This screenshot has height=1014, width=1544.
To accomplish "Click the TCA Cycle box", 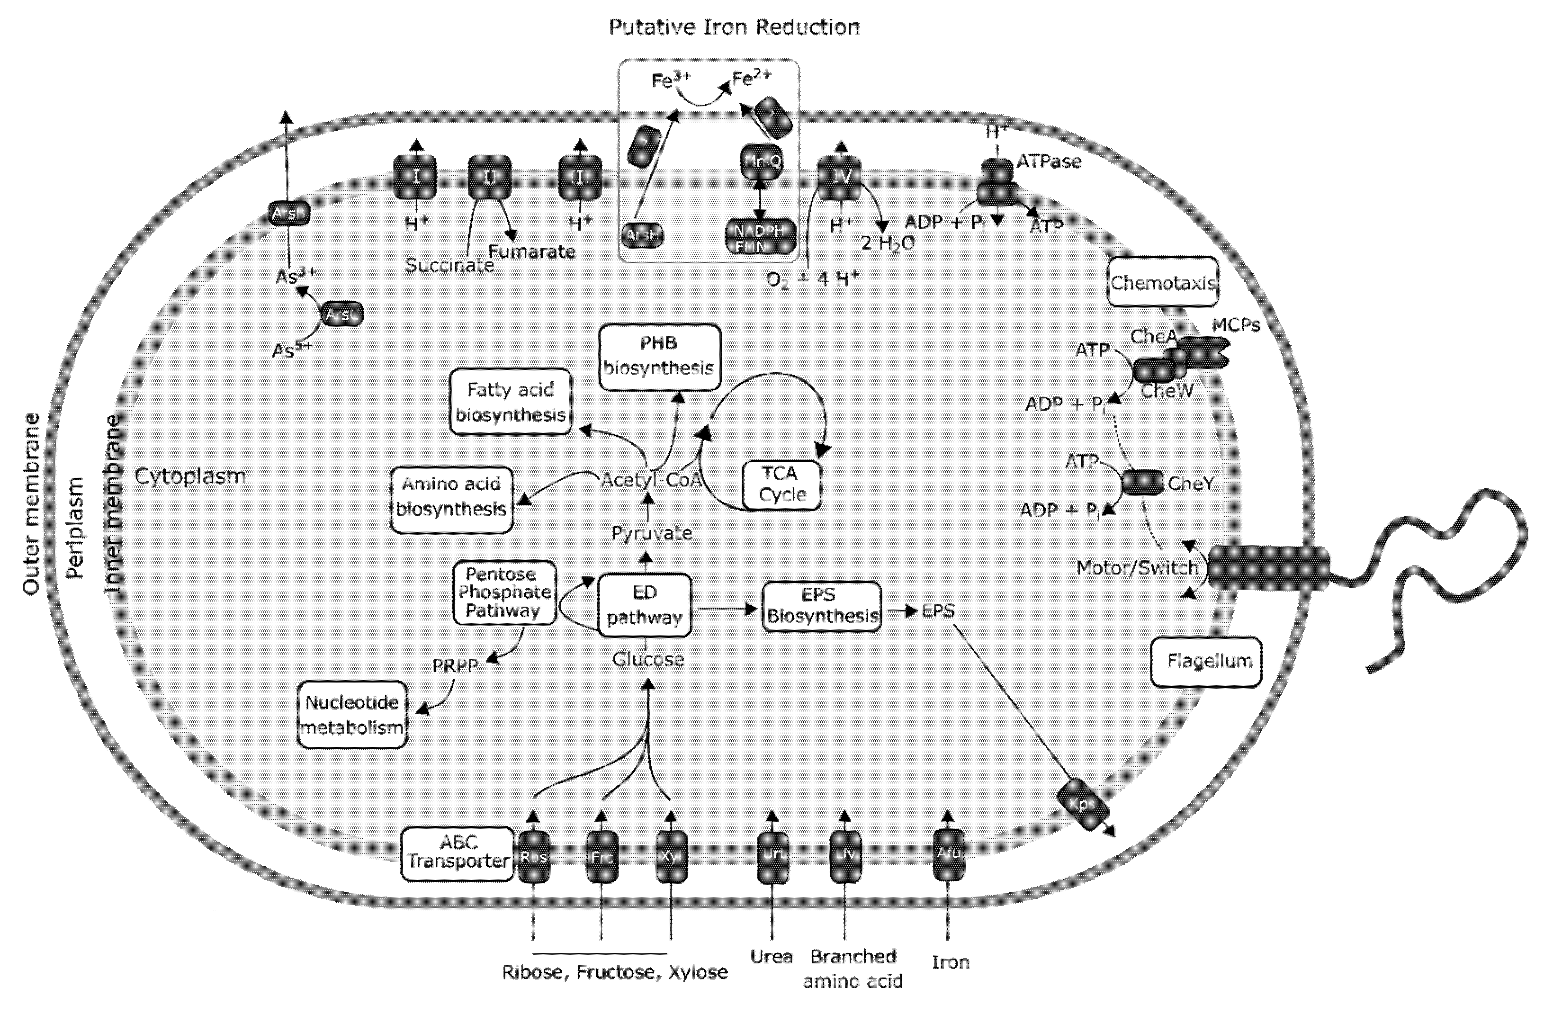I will pos(782,485).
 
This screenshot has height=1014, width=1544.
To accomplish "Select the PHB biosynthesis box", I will pos(659,357).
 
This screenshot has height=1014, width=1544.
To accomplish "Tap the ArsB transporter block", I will pos(289,214).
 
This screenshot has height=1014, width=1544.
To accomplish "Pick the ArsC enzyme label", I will pos(342,314).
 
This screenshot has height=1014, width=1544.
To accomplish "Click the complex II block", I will pos(490,177).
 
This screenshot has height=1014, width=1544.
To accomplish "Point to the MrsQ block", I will pos(762,161).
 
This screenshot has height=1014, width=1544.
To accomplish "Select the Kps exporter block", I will pos(1082,805).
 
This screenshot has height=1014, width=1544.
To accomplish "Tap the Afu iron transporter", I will pos(949,854).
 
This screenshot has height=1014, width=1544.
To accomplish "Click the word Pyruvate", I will pos(651,533).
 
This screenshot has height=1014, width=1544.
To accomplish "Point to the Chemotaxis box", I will pos(1163,282).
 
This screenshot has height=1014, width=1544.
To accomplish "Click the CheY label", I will pos(1190,484).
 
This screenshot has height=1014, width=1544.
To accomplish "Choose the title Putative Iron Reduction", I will pos(734,27).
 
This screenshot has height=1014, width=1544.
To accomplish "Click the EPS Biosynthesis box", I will pos(822,606).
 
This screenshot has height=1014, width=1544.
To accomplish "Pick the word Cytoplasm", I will pos(190,476).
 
